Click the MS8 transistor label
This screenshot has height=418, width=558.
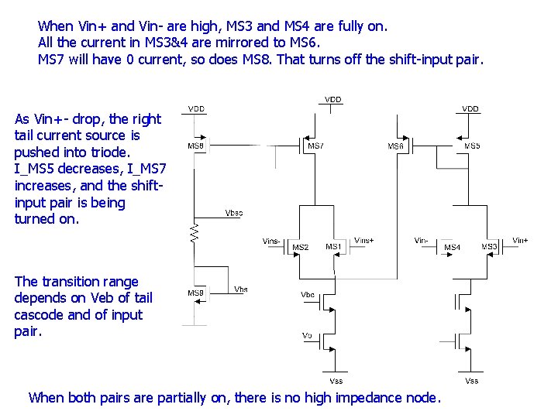click(x=196, y=146)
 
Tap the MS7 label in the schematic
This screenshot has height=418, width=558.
click(x=315, y=146)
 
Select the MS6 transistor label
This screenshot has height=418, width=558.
click(x=396, y=146)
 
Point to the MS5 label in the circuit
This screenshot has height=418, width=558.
click(x=472, y=146)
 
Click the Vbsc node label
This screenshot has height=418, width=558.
click(x=233, y=213)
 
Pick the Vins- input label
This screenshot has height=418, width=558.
click(x=272, y=241)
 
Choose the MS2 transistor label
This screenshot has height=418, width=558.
click(x=301, y=248)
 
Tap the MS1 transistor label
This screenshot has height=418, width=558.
click(x=333, y=247)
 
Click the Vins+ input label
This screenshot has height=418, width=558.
click(x=363, y=241)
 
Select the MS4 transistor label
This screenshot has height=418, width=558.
click(x=452, y=248)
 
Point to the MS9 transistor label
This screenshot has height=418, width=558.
click(x=196, y=293)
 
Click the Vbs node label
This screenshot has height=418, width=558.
click(x=241, y=289)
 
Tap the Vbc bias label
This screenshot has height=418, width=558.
click(x=308, y=294)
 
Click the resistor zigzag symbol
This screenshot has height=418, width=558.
click(x=195, y=231)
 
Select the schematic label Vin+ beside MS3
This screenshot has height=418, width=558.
click(x=520, y=241)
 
